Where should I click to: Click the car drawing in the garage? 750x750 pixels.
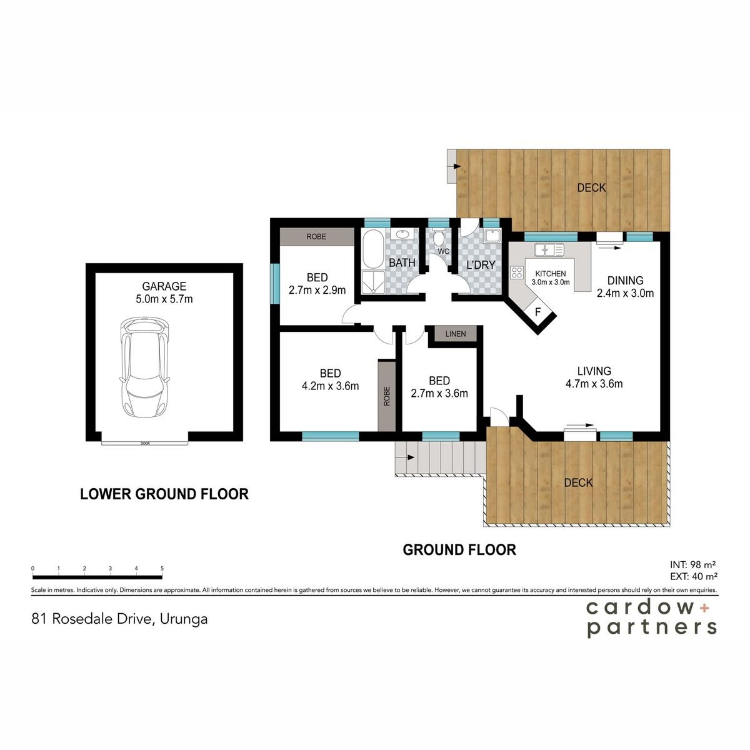pos(145,367)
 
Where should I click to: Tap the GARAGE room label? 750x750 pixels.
pos(164,286)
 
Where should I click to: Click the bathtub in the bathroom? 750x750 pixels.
pos(374,249)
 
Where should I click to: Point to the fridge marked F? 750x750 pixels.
pos(538,312)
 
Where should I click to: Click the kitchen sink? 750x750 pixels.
pos(549,249)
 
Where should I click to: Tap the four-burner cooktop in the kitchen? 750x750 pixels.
pos(517,272)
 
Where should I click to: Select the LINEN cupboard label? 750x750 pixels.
pos(456,334)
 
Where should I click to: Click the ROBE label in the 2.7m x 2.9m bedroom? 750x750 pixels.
pos(316,237)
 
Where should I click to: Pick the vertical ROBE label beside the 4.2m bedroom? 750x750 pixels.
pos(386,396)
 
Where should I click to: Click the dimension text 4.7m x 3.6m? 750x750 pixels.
pos(594,384)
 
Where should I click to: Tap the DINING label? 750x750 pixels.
pos(625,280)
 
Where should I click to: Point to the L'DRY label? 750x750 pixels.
pos(481,265)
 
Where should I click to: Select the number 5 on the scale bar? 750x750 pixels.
pos(162,568)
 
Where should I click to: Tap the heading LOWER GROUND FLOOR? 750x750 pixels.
pos(164,494)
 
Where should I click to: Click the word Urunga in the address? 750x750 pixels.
pos(183,619)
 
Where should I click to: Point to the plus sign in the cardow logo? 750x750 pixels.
pos(707,608)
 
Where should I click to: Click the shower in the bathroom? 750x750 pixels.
pos(374,282)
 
